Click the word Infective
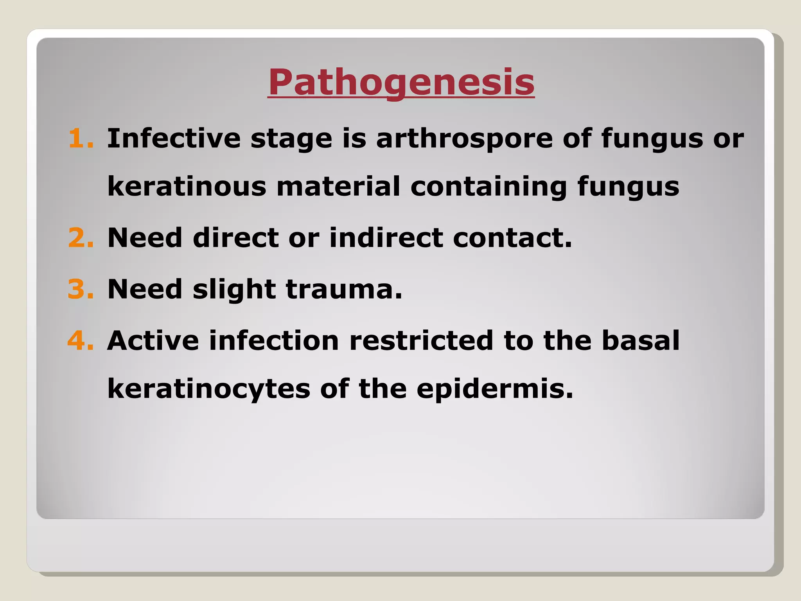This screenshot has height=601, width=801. pos(174,139)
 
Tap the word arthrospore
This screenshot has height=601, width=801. pos(464,139)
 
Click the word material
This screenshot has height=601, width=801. pos(338,186)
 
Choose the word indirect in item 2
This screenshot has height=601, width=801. pos(386,238)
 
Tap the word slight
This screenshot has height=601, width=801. pos(234,290)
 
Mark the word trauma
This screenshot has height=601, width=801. pos(344,289)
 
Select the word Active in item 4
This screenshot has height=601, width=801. pos(153,340)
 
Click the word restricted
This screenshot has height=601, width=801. pos(421,340)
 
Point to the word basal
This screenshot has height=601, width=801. pos(641,340)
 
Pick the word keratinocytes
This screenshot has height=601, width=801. pos(209,389)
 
